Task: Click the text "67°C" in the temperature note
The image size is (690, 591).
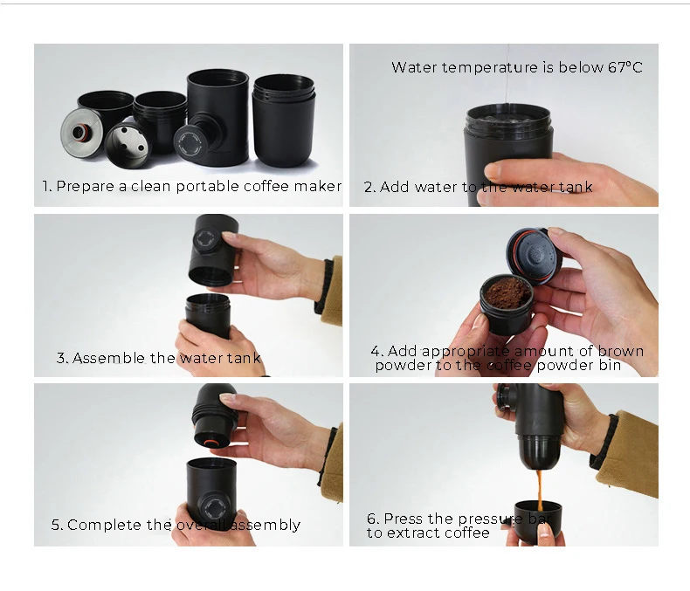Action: [624, 67]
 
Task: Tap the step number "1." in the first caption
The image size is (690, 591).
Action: [47, 186]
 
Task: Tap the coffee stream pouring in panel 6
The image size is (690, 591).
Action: [538, 489]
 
